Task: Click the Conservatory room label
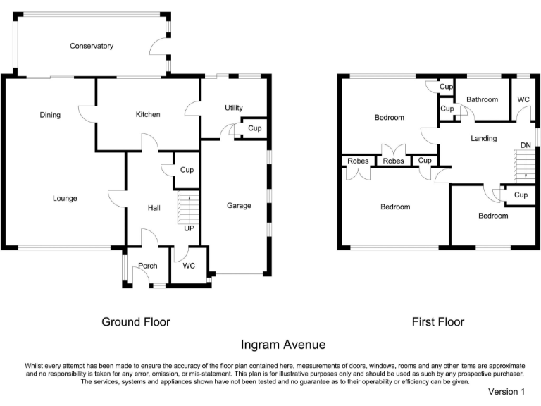92,46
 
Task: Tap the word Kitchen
148,114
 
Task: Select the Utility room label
234,108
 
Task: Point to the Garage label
239,206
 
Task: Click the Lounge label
65,199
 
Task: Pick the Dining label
50,115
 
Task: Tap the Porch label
148,266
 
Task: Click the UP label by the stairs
189,228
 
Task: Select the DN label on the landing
526,145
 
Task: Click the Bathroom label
483,100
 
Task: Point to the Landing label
484,138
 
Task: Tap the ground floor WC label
189,266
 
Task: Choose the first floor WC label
523,99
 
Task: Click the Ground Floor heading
136,321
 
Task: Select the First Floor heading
438,321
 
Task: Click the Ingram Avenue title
283,345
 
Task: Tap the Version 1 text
506,391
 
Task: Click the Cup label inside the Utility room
254,128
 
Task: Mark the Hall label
154,208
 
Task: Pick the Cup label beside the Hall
187,170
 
